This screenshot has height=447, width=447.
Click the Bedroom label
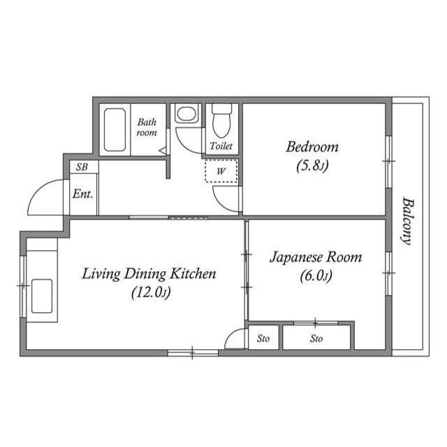[x=312, y=147]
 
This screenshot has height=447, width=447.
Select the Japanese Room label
[x=316, y=257]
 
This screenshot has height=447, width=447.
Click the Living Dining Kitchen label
[x=149, y=274]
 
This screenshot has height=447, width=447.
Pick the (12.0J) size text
[x=149, y=293]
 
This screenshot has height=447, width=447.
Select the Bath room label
[x=147, y=126]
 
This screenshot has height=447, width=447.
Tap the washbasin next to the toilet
[x=186, y=115]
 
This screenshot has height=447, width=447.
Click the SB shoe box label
[x=82, y=168]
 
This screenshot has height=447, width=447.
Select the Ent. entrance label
[x=82, y=195]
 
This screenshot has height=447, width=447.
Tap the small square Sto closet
[x=263, y=339]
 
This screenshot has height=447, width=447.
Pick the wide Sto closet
[x=316, y=339]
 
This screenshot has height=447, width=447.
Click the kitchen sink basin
[x=43, y=294]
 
